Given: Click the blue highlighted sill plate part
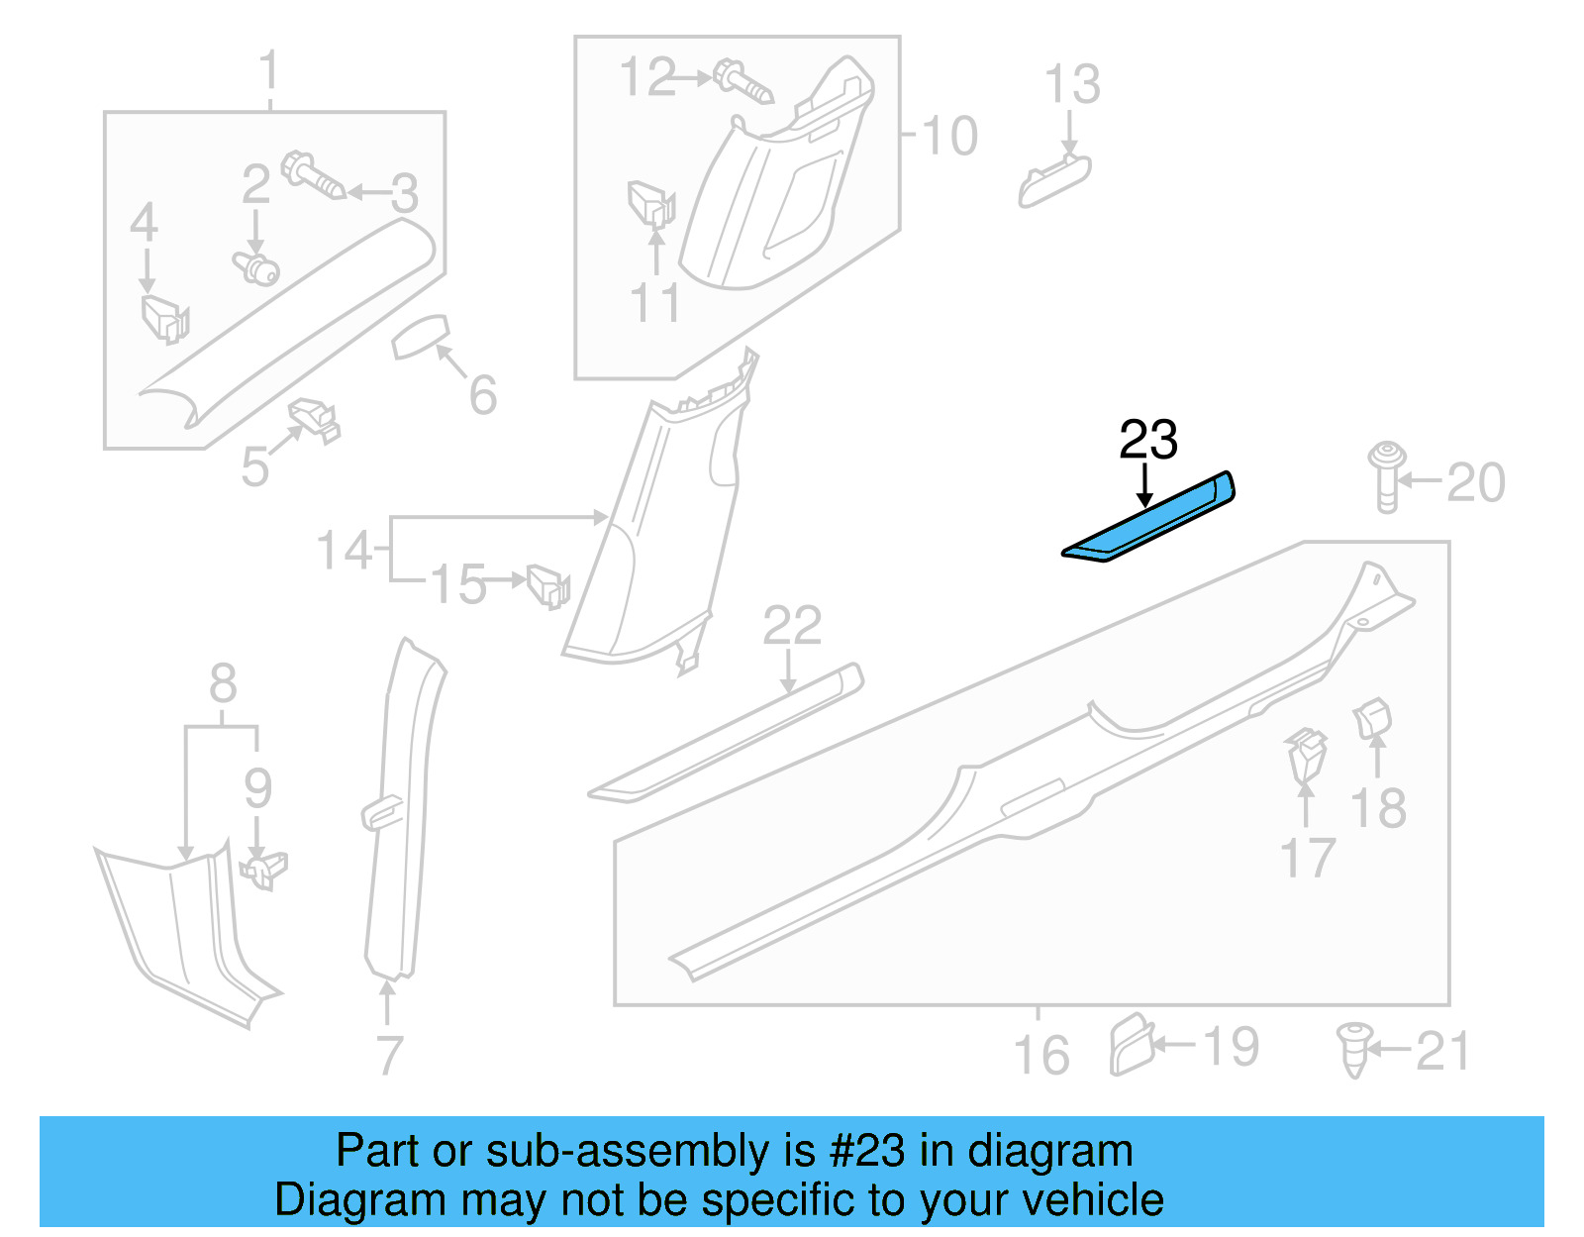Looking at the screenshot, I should tap(1148, 519).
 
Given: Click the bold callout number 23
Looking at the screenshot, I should tap(1147, 440).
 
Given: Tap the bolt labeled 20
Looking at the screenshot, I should tap(1387, 476).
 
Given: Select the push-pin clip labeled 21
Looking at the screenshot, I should tap(1354, 1049).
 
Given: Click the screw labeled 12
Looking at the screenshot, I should tap(742, 82).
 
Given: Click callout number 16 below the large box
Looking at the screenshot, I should tap(1041, 1055).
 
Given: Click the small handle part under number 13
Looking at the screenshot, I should tap(1054, 180).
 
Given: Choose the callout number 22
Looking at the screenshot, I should tap(792, 626).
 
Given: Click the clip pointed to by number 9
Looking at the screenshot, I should tap(263, 869).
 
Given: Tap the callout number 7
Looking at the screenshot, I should tap(389, 1056).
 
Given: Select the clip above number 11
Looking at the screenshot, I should tap(650, 204).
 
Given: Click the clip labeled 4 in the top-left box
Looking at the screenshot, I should tap(163, 317).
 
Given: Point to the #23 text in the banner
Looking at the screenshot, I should tap(866, 1151).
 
